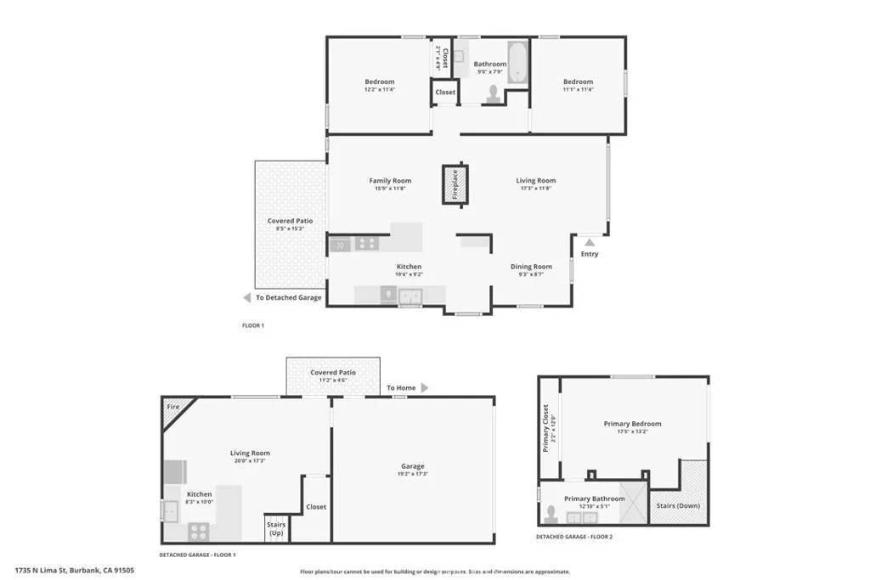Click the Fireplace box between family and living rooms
coord(455,184)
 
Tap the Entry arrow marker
coord(589,242)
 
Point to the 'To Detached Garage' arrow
coord(246,298)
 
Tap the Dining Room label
coord(531,267)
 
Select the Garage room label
coord(413,466)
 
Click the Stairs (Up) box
coord(276,529)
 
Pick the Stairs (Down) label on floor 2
coord(677,505)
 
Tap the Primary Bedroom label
coord(632,424)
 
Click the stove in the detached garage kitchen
coord(198,532)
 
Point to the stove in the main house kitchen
coord(366,244)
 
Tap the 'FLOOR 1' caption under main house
coord(253,325)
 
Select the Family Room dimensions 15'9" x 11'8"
coord(390,189)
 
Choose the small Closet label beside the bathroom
coord(445,92)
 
